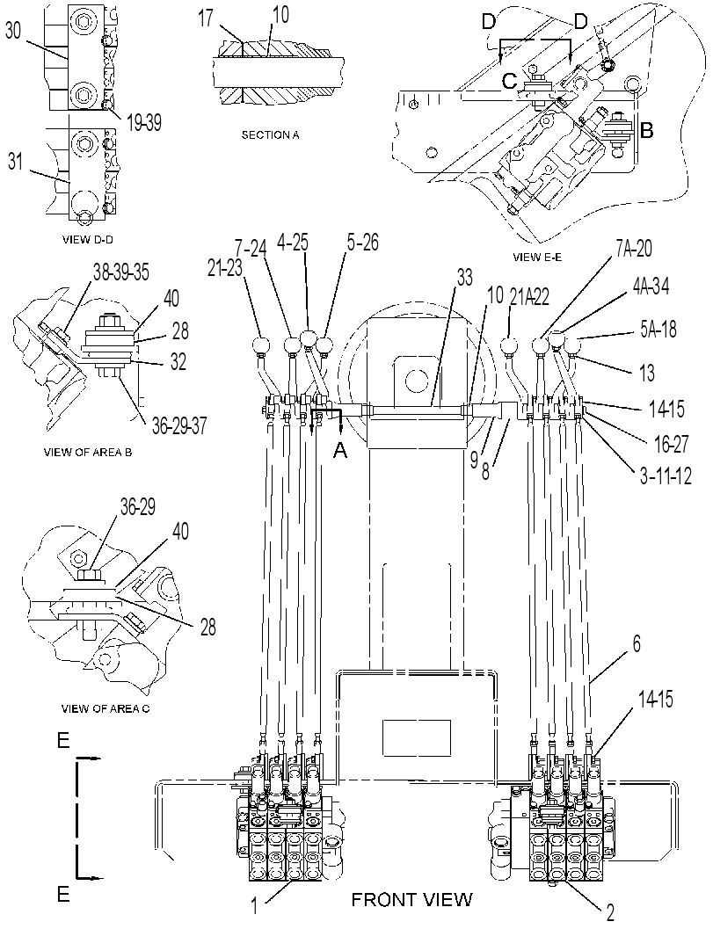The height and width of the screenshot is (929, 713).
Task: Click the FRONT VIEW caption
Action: tap(412, 900)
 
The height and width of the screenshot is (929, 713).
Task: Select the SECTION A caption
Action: tap(270, 135)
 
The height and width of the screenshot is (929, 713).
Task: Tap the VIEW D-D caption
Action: tap(89, 240)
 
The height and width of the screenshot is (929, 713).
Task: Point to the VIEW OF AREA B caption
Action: tap(88, 452)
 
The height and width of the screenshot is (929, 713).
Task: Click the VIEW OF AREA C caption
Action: tap(105, 708)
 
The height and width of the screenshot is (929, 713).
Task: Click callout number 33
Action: tap(465, 277)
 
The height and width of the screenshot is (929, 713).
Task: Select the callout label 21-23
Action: tap(226, 267)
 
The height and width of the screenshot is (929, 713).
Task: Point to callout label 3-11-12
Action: tap(666, 475)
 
